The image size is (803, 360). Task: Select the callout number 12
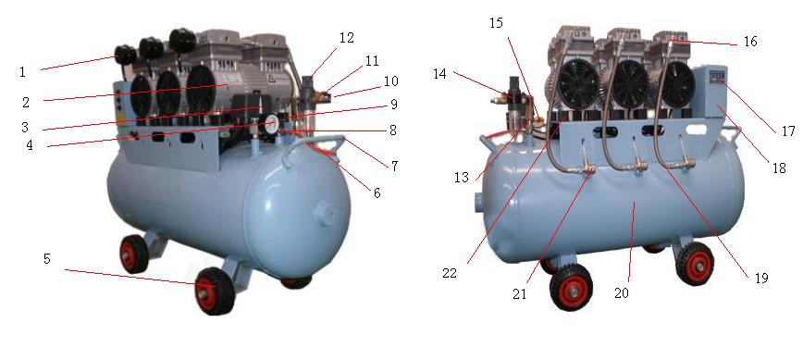tap(346, 38)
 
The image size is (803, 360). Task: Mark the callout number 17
tap(786, 130)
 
